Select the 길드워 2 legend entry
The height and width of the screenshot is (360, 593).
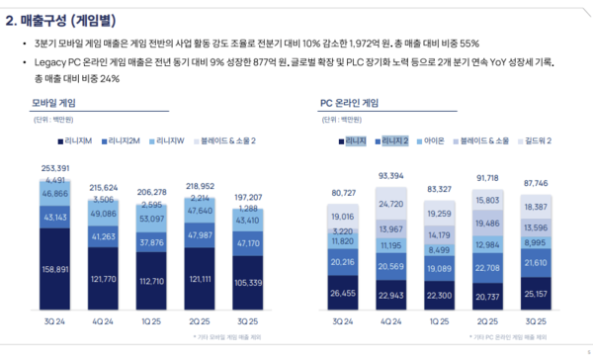[x=537, y=140]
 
